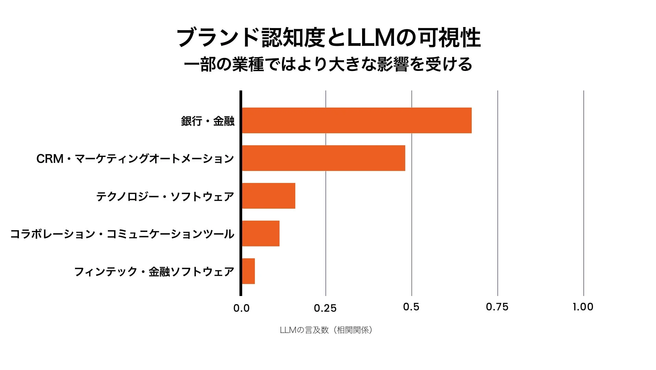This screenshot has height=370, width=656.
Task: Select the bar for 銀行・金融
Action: click(356, 120)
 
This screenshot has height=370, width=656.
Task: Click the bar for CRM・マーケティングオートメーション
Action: click(323, 158)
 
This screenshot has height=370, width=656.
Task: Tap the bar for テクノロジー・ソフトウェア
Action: click(269, 196)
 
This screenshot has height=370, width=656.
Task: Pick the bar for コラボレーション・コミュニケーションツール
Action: click(261, 233)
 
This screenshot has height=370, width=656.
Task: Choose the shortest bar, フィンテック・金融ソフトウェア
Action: click(248, 271)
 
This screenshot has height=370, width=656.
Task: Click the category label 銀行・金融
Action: click(208, 121)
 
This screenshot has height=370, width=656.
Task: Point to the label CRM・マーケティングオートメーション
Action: click(135, 159)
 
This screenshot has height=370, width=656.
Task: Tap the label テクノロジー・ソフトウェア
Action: click(165, 196)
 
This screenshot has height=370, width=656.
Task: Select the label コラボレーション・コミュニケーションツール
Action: click(122, 234)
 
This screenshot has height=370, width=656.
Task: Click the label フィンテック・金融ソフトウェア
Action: click(154, 272)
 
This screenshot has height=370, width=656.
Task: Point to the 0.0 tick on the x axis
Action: click(241, 308)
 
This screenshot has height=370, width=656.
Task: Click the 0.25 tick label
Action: click(325, 308)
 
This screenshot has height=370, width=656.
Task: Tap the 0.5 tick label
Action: click(411, 307)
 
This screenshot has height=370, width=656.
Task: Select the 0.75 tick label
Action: click(497, 307)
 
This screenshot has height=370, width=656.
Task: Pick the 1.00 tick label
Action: click(583, 307)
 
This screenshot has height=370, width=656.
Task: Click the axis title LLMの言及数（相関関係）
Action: click(326, 330)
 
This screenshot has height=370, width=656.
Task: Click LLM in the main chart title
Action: click(371, 38)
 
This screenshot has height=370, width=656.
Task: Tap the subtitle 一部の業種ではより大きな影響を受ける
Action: click(328, 64)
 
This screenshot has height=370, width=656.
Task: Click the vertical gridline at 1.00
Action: click(583, 192)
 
